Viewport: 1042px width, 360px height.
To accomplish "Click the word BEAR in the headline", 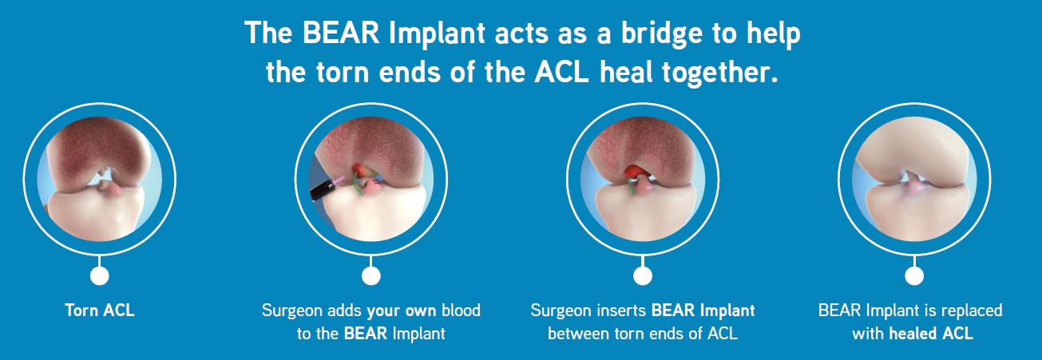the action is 340,33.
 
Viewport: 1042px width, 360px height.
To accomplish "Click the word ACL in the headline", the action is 561,72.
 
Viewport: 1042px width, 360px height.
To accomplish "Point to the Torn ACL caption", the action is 100,311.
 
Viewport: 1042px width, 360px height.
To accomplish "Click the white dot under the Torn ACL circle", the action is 100,275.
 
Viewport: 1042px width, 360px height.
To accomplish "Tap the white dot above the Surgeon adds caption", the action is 370,275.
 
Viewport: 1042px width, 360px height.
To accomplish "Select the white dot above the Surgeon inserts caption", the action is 643,275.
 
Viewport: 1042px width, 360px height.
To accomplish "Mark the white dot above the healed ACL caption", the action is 914,275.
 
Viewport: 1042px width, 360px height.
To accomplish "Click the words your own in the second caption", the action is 402,311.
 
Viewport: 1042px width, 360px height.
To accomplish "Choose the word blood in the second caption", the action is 461,311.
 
